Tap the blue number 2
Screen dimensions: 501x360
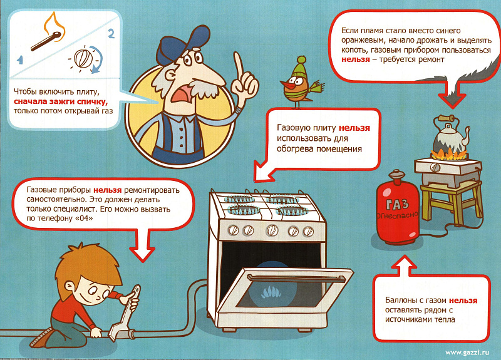111,33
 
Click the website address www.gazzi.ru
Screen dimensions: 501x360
467,352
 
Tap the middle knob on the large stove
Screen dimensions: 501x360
272,230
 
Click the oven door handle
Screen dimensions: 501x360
296,278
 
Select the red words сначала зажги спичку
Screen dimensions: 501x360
61,101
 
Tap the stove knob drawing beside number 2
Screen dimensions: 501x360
83,58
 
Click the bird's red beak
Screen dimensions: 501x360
286,85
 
